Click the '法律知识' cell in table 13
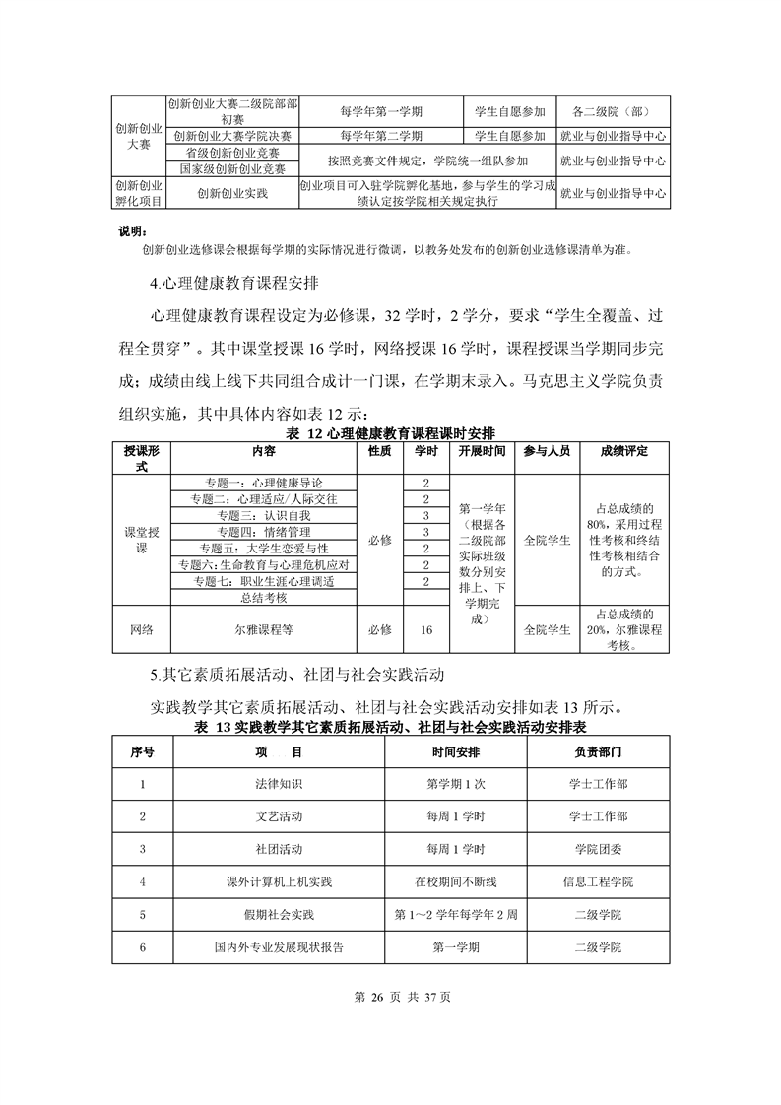[279, 784]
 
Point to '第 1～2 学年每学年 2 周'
[456, 915]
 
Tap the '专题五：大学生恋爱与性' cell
[264, 548]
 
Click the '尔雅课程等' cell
[264, 627]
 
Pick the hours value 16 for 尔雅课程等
[426, 627]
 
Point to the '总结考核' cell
[264, 597]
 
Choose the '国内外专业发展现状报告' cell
[279, 947]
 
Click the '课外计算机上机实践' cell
[279, 881]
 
